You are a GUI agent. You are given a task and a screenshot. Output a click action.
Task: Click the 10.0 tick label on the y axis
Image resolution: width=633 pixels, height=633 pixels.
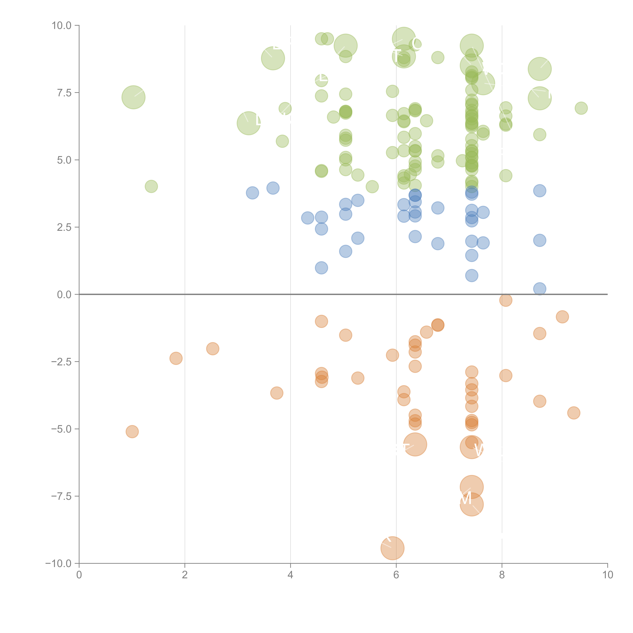(x=62, y=26)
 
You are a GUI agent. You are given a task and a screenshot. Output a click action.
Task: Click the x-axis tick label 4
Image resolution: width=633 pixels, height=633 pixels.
(x=290, y=575)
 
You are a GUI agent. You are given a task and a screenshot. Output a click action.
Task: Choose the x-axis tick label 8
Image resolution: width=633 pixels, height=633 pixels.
(x=502, y=575)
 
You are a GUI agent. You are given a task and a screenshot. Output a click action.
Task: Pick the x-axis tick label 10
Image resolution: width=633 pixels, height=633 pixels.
(x=607, y=575)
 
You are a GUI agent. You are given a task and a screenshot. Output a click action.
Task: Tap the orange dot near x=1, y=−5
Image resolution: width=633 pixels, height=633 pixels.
(x=132, y=431)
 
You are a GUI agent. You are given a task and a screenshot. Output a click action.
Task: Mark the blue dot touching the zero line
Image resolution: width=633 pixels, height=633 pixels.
(x=540, y=289)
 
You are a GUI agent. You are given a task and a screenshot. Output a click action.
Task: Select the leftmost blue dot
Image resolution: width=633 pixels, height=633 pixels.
(x=252, y=193)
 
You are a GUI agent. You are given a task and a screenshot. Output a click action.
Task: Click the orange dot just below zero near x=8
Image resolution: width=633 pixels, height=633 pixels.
(x=506, y=300)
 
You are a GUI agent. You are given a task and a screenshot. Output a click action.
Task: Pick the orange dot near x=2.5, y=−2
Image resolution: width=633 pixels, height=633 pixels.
(x=213, y=349)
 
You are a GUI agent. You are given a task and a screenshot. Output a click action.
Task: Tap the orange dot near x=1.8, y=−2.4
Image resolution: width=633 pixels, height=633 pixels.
(x=176, y=358)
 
